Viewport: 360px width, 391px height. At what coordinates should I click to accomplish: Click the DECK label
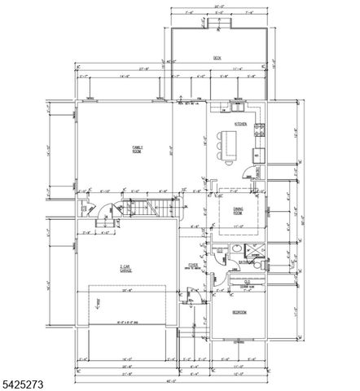(x=217, y=57)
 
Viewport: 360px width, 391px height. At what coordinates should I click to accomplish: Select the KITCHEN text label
(x=240, y=124)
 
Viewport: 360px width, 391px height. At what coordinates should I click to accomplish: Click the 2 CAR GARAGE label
(x=126, y=268)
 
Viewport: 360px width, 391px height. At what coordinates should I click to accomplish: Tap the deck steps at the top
(x=217, y=22)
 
